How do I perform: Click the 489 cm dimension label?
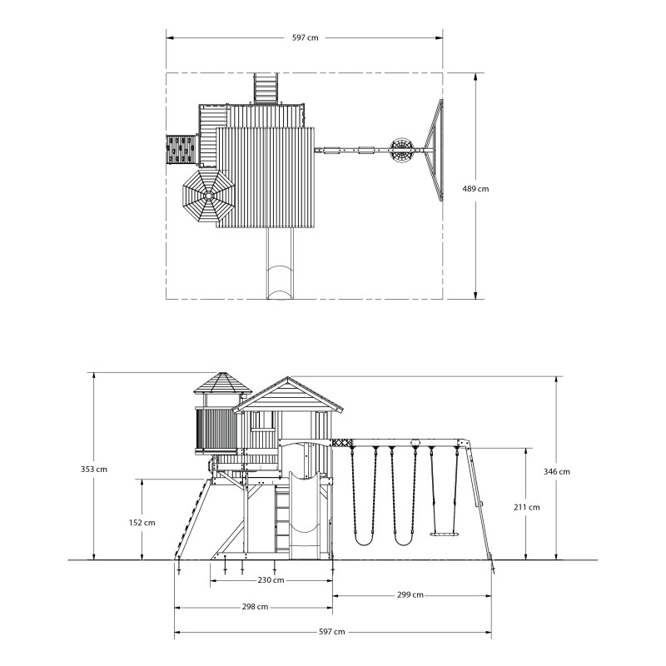click(x=475, y=189)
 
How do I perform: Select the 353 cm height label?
click(x=94, y=470)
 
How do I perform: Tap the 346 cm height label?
click(x=556, y=471)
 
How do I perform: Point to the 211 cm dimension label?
click(x=527, y=507)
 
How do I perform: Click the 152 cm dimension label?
click(x=142, y=523)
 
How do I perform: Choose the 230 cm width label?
click(x=271, y=580)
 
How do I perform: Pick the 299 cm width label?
click(x=410, y=595)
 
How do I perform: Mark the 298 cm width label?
click(x=255, y=608)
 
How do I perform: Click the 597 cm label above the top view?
click(x=305, y=37)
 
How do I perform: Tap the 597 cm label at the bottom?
click(x=331, y=632)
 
